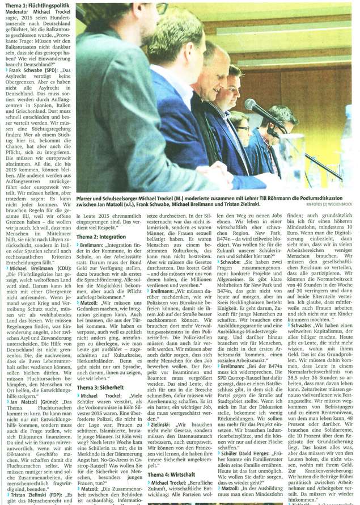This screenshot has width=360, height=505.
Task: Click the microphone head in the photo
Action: (x=250, y=105)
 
